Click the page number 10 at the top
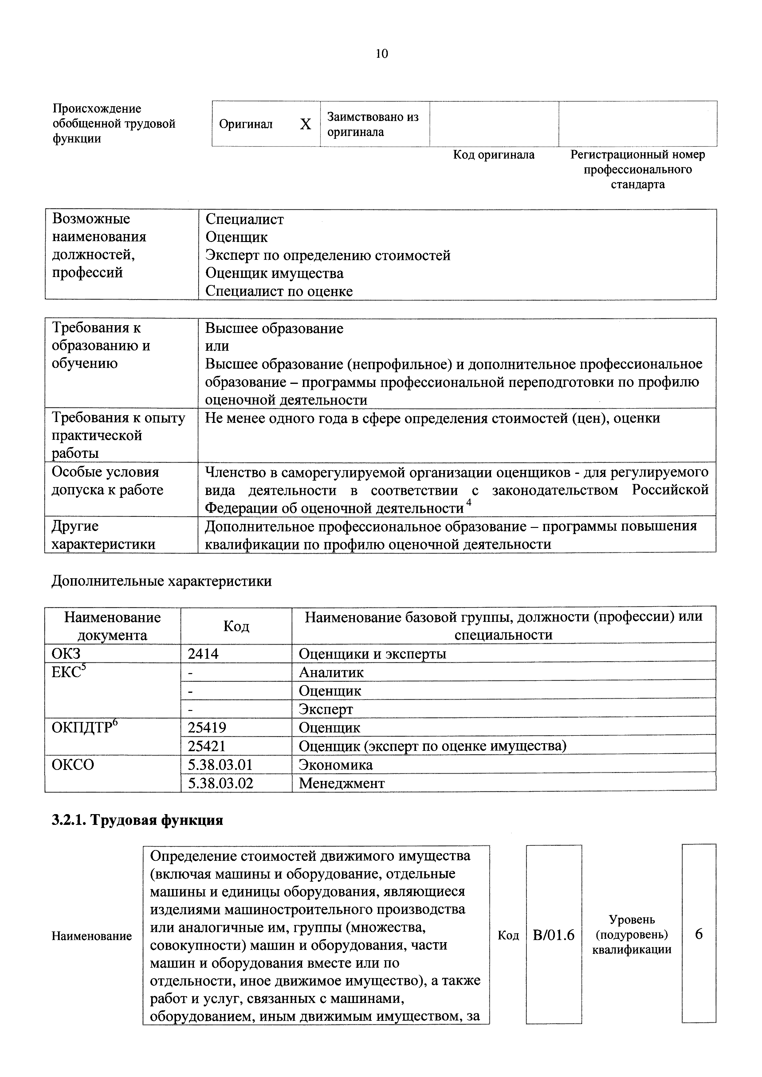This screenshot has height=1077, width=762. coord(382,54)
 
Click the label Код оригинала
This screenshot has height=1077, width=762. coord(494,155)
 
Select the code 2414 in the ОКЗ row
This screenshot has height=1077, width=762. coord(203,654)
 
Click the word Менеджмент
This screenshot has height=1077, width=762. coord(342,783)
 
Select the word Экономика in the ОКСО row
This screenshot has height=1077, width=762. coord(336,765)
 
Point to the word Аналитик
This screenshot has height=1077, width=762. coord(331,672)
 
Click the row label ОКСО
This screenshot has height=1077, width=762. coord(73,765)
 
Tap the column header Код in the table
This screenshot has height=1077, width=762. coord(236,626)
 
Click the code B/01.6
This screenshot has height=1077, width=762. coord(554,935)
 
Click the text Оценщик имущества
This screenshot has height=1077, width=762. coord(274,273)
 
